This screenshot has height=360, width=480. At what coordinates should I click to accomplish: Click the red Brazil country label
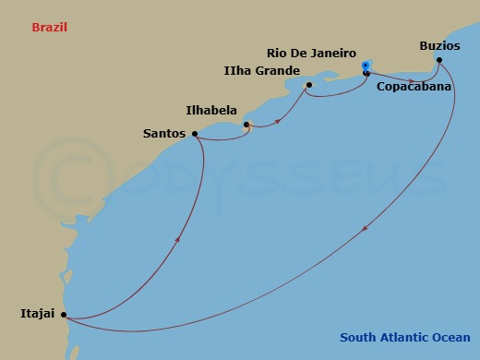[50, 28]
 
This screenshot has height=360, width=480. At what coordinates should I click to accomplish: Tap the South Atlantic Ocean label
[404, 337]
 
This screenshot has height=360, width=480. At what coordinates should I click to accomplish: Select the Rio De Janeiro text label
[311, 53]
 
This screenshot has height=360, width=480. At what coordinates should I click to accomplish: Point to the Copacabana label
[414, 87]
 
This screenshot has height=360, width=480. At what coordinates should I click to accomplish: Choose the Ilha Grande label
[263, 70]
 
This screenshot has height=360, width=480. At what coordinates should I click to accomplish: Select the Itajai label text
[34, 314]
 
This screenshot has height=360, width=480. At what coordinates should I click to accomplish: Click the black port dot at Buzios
[439, 61]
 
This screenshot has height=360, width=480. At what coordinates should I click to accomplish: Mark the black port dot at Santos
[194, 134]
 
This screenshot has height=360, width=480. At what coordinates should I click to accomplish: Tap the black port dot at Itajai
[64, 315]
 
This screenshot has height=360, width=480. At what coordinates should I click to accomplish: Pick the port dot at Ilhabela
[246, 125]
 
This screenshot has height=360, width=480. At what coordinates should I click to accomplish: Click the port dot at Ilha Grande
[309, 86]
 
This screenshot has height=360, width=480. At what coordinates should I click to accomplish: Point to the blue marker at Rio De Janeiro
[366, 64]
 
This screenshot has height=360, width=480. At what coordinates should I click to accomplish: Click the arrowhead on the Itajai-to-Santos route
[175, 239]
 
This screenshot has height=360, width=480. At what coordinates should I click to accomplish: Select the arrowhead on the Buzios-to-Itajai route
[366, 231]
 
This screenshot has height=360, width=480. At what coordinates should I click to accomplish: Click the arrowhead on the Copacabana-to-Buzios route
[410, 79]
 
